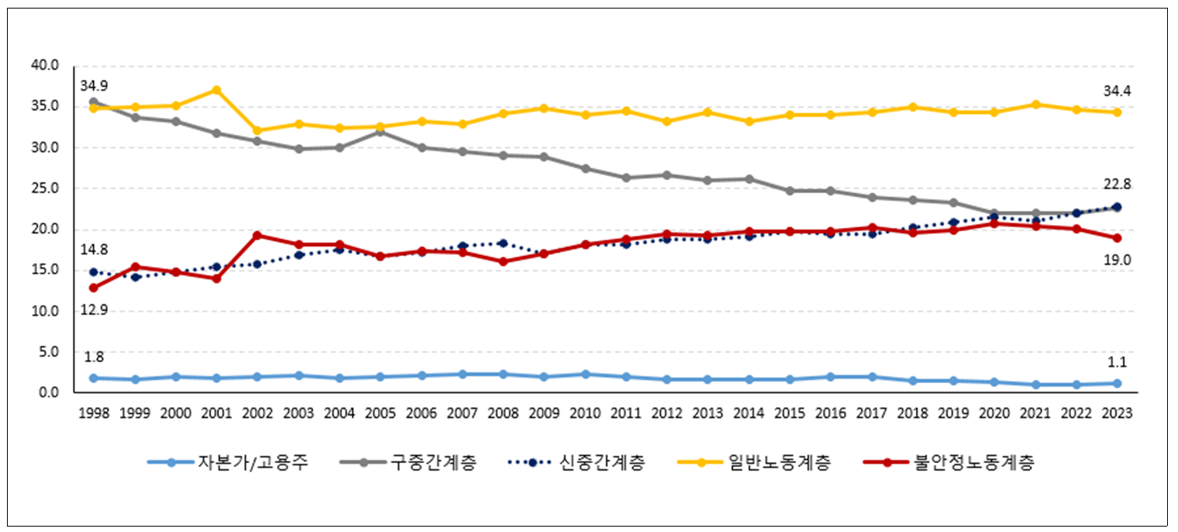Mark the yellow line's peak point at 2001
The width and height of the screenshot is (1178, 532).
click(x=217, y=90)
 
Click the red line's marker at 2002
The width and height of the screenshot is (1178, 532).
click(x=258, y=235)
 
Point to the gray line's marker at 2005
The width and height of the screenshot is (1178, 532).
click(x=381, y=131)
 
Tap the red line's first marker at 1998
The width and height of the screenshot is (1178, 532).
click(x=94, y=288)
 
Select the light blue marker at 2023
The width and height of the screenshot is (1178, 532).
click(x=1117, y=383)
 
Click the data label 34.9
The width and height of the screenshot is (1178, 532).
click(x=94, y=85)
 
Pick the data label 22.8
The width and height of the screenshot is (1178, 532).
click(x=1117, y=185)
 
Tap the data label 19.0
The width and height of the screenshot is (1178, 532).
click(x=1117, y=261)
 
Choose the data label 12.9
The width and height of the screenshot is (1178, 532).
click(x=94, y=311)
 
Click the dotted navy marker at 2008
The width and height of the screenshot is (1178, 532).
click(x=503, y=244)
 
